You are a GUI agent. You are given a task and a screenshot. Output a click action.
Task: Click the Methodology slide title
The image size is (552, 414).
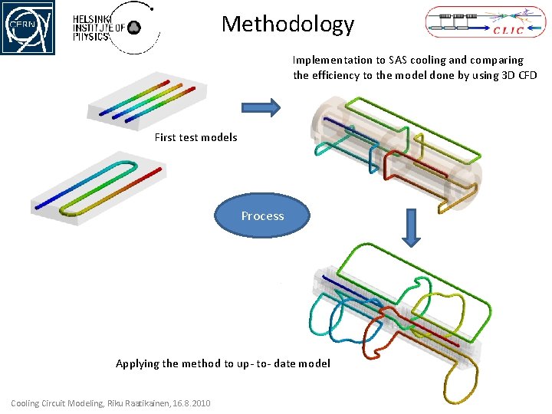click(x=287, y=25)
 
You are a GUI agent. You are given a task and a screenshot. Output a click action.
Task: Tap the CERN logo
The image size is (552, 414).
click(x=28, y=28)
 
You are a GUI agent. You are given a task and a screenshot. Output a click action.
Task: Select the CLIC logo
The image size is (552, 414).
click(x=481, y=22)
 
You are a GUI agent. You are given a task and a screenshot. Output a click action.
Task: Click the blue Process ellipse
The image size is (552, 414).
click(x=262, y=215)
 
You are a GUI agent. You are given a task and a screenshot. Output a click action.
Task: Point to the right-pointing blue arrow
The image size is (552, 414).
click(x=261, y=108)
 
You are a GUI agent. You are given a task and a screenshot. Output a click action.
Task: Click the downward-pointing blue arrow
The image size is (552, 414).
click(x=412, y=228)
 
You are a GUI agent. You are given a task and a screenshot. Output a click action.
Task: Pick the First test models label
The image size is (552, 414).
click(x=195, y=138)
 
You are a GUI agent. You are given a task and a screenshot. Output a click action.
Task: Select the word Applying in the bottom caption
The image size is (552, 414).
click(x=136, y=363)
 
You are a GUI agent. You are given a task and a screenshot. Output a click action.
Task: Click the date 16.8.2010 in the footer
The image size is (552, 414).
click(x=191, y=404)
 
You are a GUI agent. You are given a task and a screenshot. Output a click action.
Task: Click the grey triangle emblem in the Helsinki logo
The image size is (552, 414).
click(x=133, y=28)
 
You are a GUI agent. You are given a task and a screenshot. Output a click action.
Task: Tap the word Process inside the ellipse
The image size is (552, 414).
click(x=262, y=216)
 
